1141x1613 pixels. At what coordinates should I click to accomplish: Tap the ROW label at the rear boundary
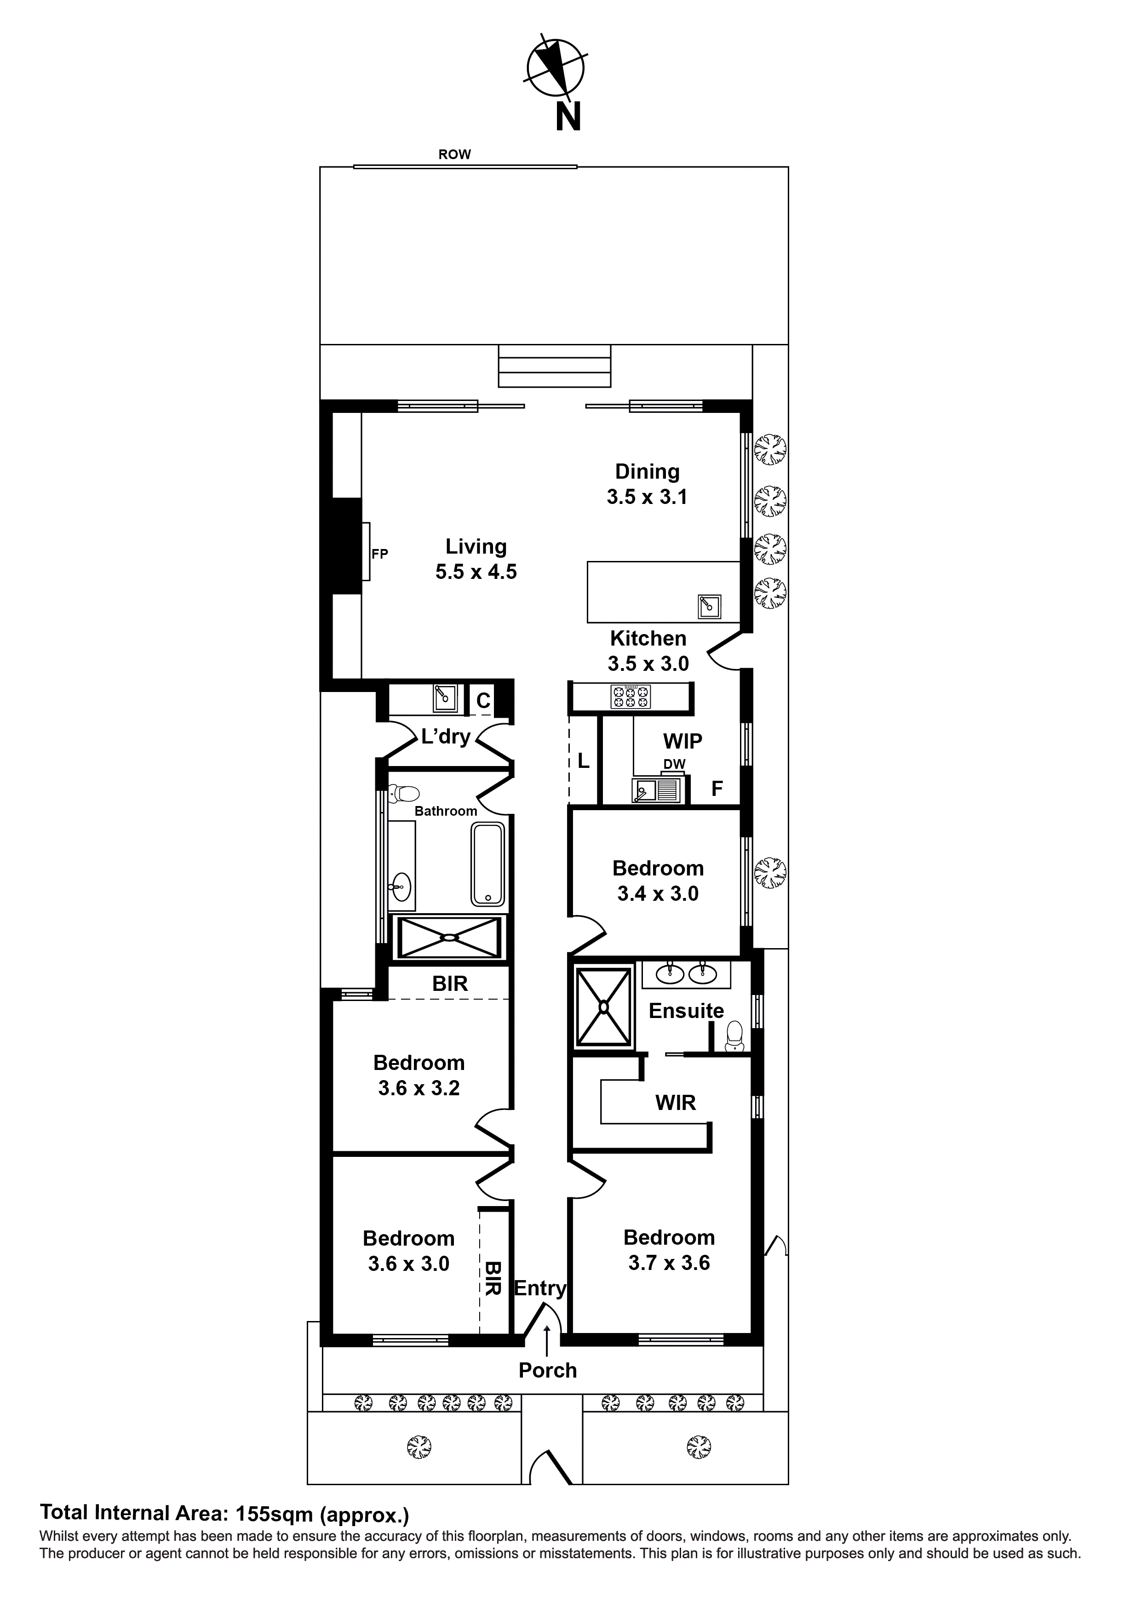(454, 154)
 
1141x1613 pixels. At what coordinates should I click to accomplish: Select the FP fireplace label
(379, 554)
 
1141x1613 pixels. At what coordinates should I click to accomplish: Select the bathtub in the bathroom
(487, 864)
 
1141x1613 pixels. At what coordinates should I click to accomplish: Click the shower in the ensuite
(603, 1007)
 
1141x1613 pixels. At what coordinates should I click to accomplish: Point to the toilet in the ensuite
(734, 1037)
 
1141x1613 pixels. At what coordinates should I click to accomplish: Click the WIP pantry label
(682, 741)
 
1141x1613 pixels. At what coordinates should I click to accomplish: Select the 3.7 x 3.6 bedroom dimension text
(669, 1263)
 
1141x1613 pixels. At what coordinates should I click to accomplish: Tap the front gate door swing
(550, 1468)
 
